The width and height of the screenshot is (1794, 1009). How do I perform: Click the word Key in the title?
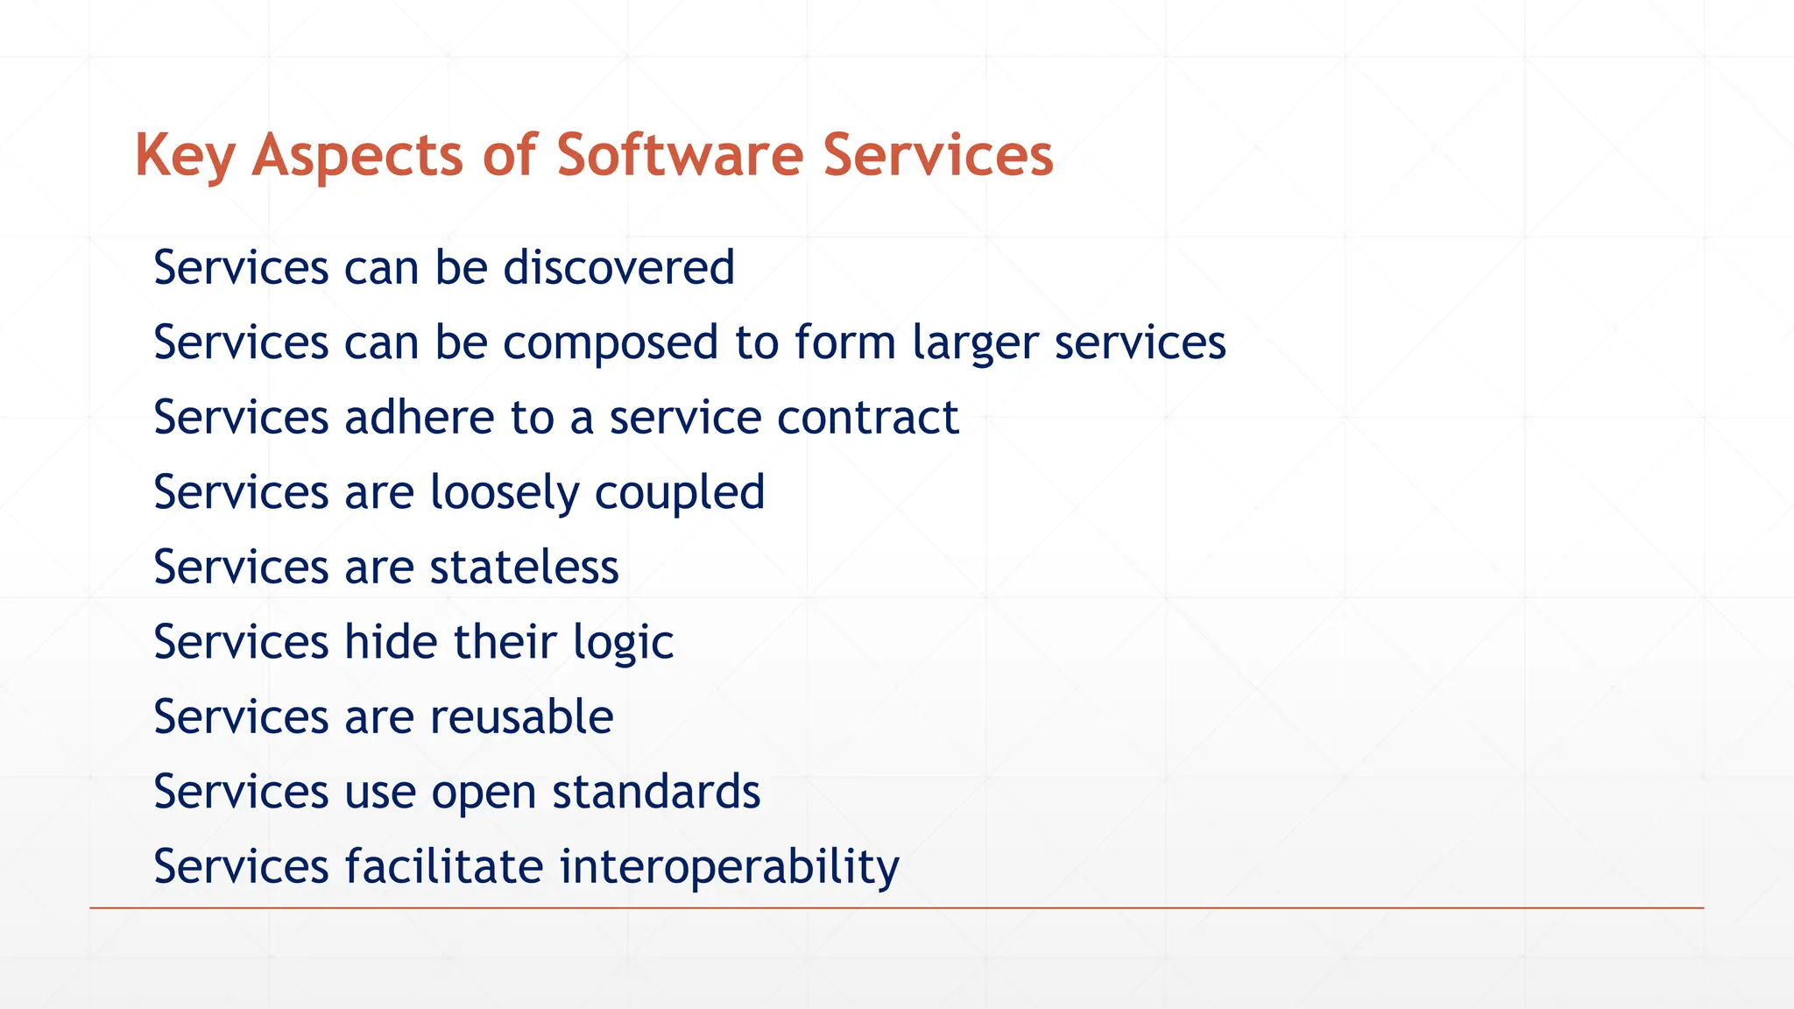coord(184,156)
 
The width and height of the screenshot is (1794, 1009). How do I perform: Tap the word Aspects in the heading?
coord(357,156)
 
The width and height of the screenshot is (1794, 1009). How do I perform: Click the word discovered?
coord(618,267)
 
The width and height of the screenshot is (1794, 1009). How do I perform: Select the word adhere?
coord(420,417)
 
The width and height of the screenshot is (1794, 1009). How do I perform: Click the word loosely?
coord(505,492)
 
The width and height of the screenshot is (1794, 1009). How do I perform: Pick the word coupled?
coord(680,492)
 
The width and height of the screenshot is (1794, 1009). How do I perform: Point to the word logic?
coord(623,642)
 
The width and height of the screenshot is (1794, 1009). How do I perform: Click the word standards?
coord(656,792)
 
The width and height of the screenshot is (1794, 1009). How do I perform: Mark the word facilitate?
coord(444,866)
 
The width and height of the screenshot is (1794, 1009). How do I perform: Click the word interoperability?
coord(729,866)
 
